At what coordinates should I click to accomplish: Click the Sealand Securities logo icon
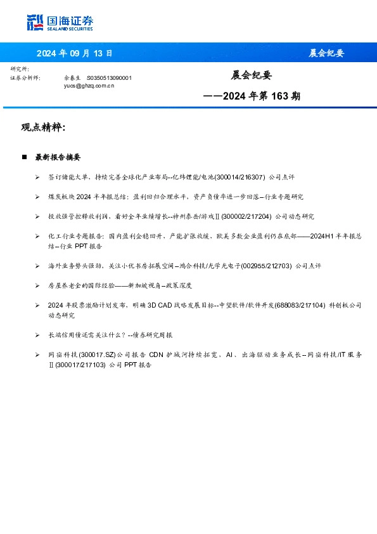click(x=35, y=22)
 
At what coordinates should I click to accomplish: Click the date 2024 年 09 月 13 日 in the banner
click(x=74, y=53)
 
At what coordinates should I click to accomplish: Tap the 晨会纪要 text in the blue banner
click(x=326, y=53)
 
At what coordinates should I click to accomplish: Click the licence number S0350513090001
click(x=109, y=77)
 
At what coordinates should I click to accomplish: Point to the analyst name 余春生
click(x=72, y=77)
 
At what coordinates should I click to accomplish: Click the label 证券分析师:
click(x=26, y=77)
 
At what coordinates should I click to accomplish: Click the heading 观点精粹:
click(x=43, y=127)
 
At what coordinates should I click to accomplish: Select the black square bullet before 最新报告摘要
click(x=24, y=157)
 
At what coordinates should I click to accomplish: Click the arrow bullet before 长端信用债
click(x=38, y=334)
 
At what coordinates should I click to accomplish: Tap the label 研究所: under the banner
click(x=20, y=68)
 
